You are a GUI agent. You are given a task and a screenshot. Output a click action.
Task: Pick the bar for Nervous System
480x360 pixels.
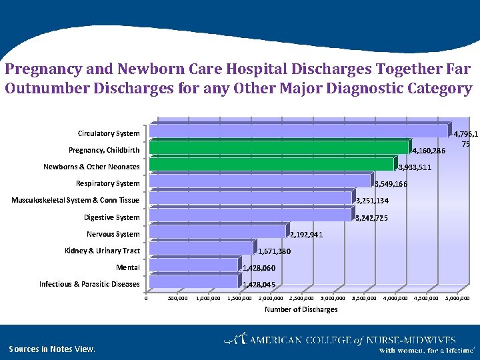tap(217, 231)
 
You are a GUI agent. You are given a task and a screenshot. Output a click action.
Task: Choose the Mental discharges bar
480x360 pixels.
tap(194, 265)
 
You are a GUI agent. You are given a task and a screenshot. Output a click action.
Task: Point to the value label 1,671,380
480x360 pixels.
tap(275, 251)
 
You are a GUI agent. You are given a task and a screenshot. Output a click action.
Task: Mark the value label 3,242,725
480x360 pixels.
tap(372, 218)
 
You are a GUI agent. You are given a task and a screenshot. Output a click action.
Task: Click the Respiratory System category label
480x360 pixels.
tap(107, 183)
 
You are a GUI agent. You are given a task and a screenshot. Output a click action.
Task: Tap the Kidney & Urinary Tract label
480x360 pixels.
tap(102, 251)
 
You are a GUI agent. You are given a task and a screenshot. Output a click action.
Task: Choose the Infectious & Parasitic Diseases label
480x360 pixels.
tap(89, 284)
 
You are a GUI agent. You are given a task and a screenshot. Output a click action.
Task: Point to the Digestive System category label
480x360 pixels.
tap(111, 217)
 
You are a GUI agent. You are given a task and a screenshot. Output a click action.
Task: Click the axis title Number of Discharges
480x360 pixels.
tap(301, 309)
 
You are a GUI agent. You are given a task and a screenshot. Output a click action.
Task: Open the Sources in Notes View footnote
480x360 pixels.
tap(52, 349)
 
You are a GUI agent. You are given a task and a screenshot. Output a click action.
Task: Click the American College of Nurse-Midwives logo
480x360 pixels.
tap(349, 341)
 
